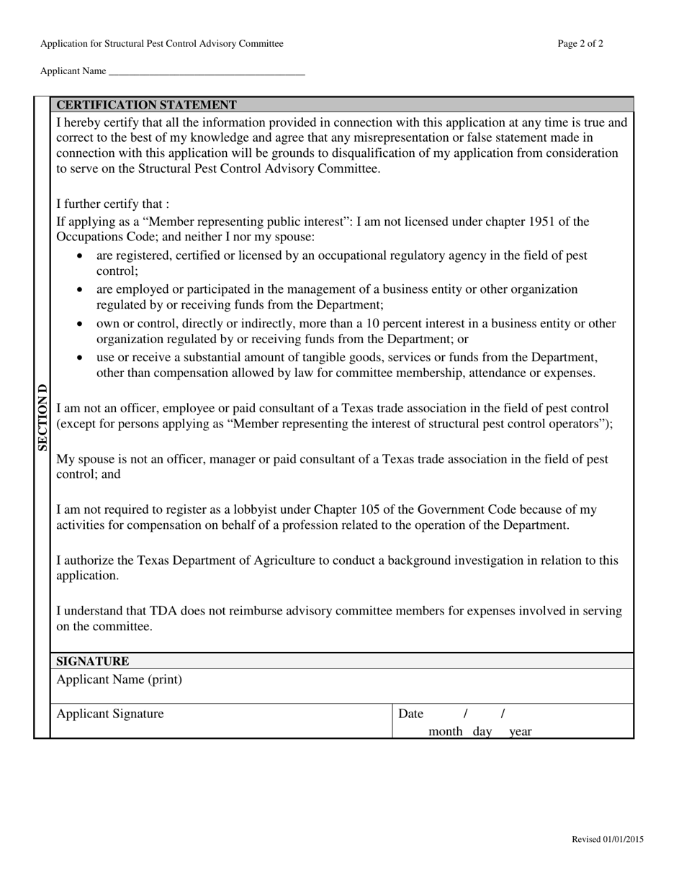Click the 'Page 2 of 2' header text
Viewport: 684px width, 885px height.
tap(580, 44)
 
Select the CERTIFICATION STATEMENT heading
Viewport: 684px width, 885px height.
tap(146, 105)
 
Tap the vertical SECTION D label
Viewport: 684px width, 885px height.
tap(42, 417)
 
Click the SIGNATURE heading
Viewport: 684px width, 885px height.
tap(93, 661)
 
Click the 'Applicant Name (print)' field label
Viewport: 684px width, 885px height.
tap(120, 680)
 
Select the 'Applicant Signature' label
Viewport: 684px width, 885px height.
tap(110, 714)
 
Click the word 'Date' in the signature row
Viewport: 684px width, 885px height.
tap(410, 714)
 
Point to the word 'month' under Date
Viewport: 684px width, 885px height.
tap(445, 732)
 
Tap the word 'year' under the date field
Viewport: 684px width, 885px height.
tap(520, 732)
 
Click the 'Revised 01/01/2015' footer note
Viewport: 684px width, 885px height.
tap(608, 839)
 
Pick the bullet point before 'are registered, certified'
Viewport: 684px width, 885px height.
tap(80, 256)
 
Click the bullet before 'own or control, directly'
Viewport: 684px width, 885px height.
tap(80, 324)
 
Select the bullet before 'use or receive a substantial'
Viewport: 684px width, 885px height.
tap(80, 358)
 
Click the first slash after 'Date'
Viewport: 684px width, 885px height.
tap(466, 714)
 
